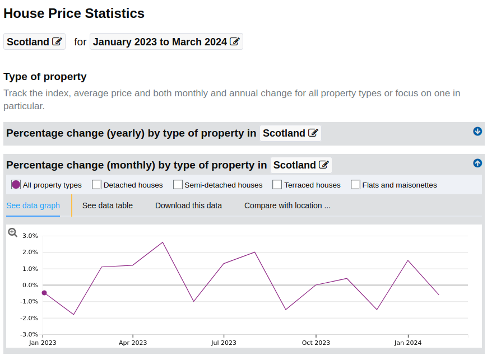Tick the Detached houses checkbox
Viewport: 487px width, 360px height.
coord(96,185)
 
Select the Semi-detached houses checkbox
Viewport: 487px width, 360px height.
coord(178,185)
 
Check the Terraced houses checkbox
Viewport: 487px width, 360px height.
coord(277,185)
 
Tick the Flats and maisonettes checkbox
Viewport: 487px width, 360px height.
coord(355,185)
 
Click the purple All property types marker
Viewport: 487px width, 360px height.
coord(16,185)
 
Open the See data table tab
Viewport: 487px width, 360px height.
coord(108,205)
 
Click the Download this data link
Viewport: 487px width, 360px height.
coord(188,205)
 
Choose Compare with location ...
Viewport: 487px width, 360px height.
coord(287,205)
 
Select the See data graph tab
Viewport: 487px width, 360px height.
coord(33,205)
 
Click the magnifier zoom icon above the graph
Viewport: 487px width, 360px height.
coord(12,232)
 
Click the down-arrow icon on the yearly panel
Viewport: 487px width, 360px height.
coord(477,131)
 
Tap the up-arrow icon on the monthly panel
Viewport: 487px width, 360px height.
coord(477,163)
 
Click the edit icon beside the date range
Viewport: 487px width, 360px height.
coord(234,41)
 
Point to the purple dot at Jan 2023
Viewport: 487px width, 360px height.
coord(44,293)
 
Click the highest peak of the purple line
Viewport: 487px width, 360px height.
coord(163,242)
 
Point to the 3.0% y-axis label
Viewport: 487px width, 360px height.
coord(30,236)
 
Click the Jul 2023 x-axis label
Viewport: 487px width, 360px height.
coord(224,343)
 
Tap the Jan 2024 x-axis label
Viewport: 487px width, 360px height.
coord(408,343)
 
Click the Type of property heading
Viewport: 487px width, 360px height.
coord(45,77)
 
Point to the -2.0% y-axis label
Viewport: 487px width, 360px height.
coord(29,318)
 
